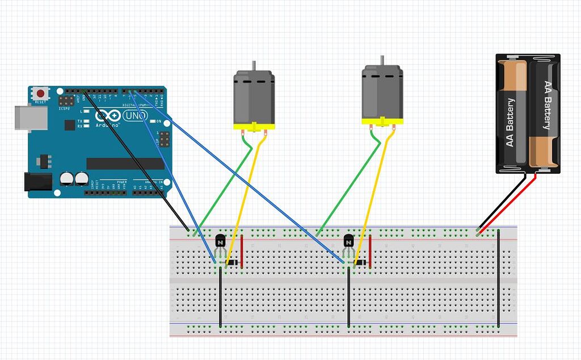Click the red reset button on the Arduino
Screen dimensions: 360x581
[x=40, y=93]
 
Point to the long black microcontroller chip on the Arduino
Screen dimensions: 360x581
[x=125, y=164]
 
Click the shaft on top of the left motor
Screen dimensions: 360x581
[x=254, y=66]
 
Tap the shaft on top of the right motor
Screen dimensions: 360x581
[x=382, y=60]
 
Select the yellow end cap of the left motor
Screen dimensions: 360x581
[x=254, y=125]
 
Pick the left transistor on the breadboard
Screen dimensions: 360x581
[x=220, y=242]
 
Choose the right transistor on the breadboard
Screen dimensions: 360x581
[x=348, y=242]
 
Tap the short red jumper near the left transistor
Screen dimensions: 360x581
[x=242, y=251]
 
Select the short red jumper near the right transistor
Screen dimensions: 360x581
[x=371, y=251]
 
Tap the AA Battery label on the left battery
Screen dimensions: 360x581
[x=510, y=122]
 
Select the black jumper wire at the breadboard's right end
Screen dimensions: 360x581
[x=498, y=278]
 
